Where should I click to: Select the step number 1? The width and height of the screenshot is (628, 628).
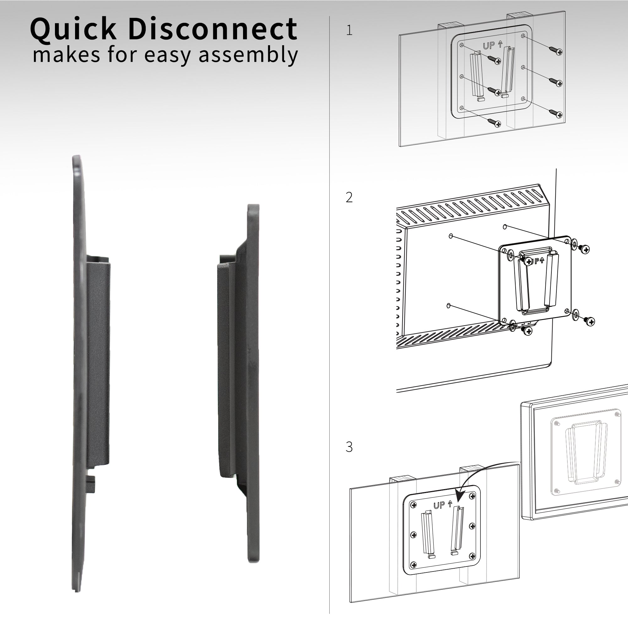click(349, 30)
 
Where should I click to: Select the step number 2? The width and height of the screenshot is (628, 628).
click(349, 197)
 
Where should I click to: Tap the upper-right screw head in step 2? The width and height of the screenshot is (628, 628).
click(585, 249)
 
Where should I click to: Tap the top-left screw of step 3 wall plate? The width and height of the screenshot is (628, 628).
click(414, 505)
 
